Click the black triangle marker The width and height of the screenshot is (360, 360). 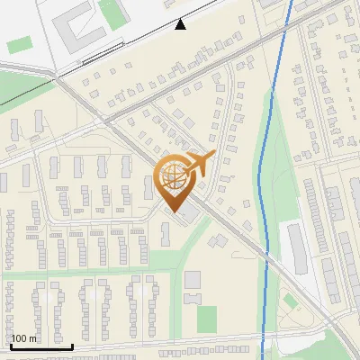[181, 24]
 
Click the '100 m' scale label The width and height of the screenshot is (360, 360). [24, 338]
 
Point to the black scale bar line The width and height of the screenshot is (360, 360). [40, 346]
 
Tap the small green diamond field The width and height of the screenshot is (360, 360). [290, 301]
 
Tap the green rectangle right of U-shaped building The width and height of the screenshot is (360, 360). [112, 11]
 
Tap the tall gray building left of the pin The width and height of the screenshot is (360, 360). [148, 187]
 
